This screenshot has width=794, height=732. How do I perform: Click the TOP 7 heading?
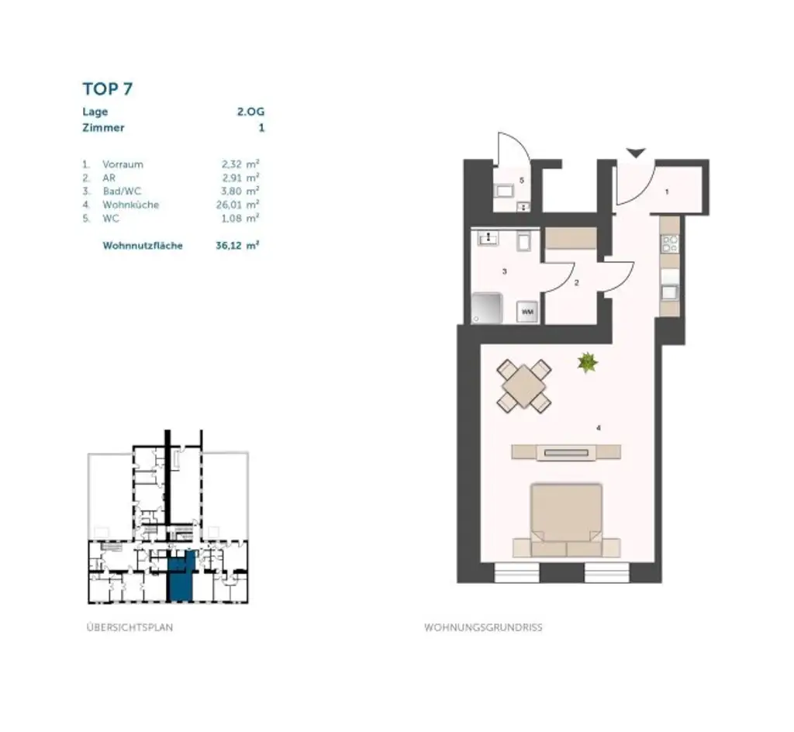[108, 88]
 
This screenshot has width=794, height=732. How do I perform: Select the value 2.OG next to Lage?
[250, 112]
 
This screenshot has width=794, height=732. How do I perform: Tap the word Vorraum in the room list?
[123, 164]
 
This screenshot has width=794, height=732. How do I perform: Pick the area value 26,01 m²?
[239, 205]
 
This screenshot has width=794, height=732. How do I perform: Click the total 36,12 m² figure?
[237, 246]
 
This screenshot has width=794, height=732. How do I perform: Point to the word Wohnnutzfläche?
[143, 246]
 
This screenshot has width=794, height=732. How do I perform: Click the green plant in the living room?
[588, 361]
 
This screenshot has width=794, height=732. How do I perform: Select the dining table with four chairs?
[525, 385]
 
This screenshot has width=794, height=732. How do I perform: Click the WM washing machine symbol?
[527, 311]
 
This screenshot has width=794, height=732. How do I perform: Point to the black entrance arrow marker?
[636, 153]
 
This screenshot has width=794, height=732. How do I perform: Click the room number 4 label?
[598, 427]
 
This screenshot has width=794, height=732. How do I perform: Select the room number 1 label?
[667, 191]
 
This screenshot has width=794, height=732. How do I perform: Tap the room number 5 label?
[522, 181]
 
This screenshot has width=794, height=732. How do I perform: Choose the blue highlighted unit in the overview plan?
[181, 577]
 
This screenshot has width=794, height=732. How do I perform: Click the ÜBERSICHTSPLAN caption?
[129, 627]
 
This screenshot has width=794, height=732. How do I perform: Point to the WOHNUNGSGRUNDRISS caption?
[483, 627]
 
